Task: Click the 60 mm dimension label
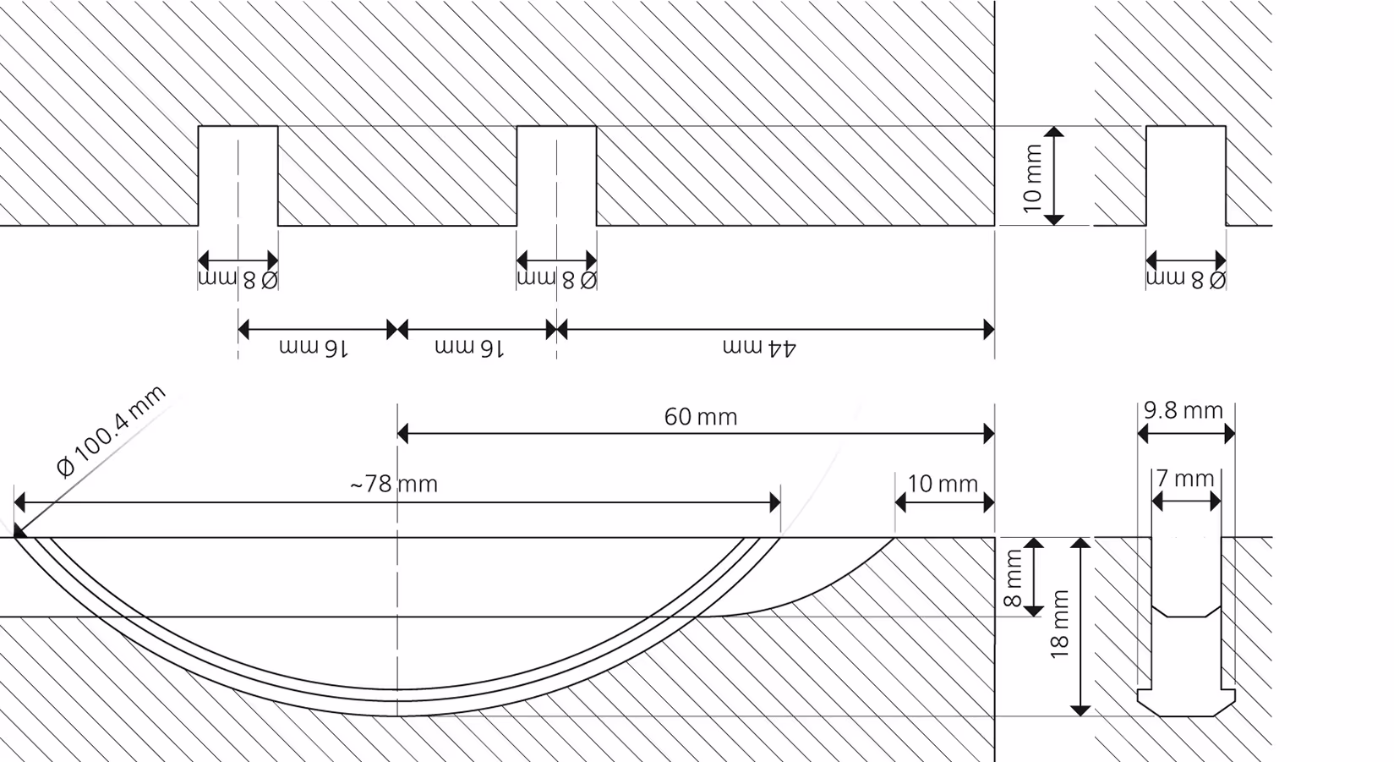701,416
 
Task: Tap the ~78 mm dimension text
394,484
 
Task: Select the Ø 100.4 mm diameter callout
111,430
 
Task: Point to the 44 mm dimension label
759,348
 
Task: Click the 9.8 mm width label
1183,410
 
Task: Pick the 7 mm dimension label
1185,478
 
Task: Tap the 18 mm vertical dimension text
1059,624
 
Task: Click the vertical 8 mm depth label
1013,578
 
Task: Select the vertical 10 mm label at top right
1032,178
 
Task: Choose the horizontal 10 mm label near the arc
943,484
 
